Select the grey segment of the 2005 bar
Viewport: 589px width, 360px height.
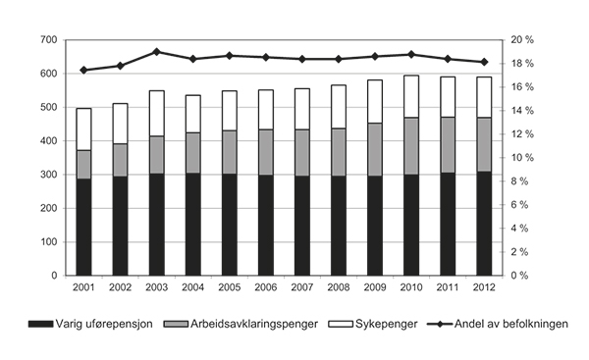coord(229,152)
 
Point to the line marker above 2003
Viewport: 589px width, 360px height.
coord(156,51)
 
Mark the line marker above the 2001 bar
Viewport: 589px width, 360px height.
coord(83,70)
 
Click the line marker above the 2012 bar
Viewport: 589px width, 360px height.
coord(483,62)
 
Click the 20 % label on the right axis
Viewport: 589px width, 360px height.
coord(521,39)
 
